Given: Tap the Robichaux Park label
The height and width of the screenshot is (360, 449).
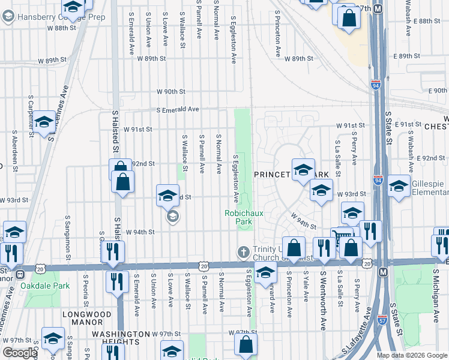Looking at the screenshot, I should (238, 217).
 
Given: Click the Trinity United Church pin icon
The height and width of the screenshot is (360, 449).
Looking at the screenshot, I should (243, 251).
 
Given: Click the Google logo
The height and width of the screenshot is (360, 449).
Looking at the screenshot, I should (20, 353).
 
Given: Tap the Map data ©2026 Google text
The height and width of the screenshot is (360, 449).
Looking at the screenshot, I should (412, 355).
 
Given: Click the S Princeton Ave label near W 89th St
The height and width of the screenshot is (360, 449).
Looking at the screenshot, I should (278, 34).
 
